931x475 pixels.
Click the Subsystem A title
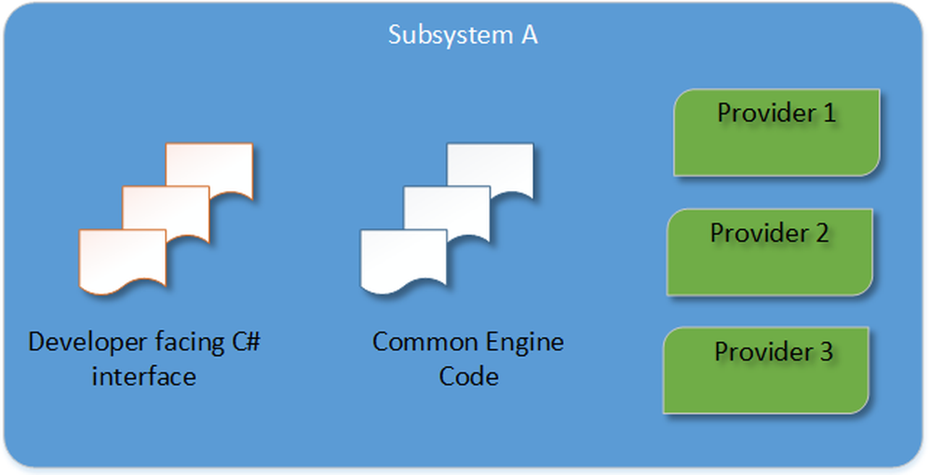click(x=463, y=36)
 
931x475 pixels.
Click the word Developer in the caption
click(x=78, y=343)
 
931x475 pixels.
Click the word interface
click(x=143, y=376)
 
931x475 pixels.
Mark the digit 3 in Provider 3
click(x=826, y=353)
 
